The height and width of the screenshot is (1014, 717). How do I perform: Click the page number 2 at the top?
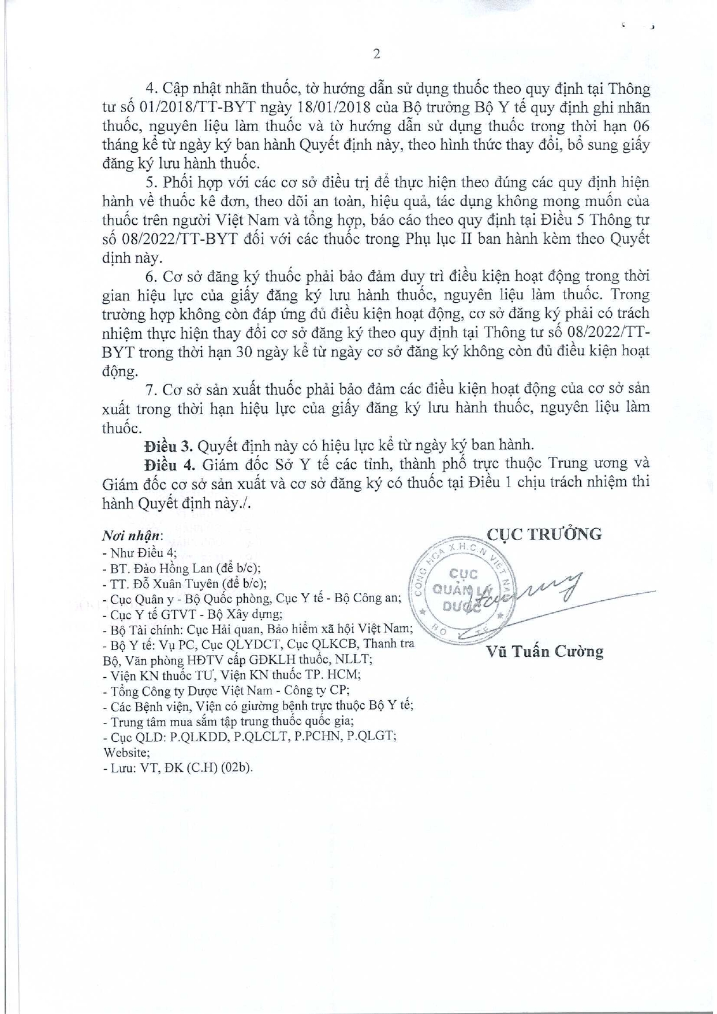377,54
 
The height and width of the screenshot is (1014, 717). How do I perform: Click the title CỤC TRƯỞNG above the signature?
544,534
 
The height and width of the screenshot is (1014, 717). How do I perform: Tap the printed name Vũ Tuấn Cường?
545,652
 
